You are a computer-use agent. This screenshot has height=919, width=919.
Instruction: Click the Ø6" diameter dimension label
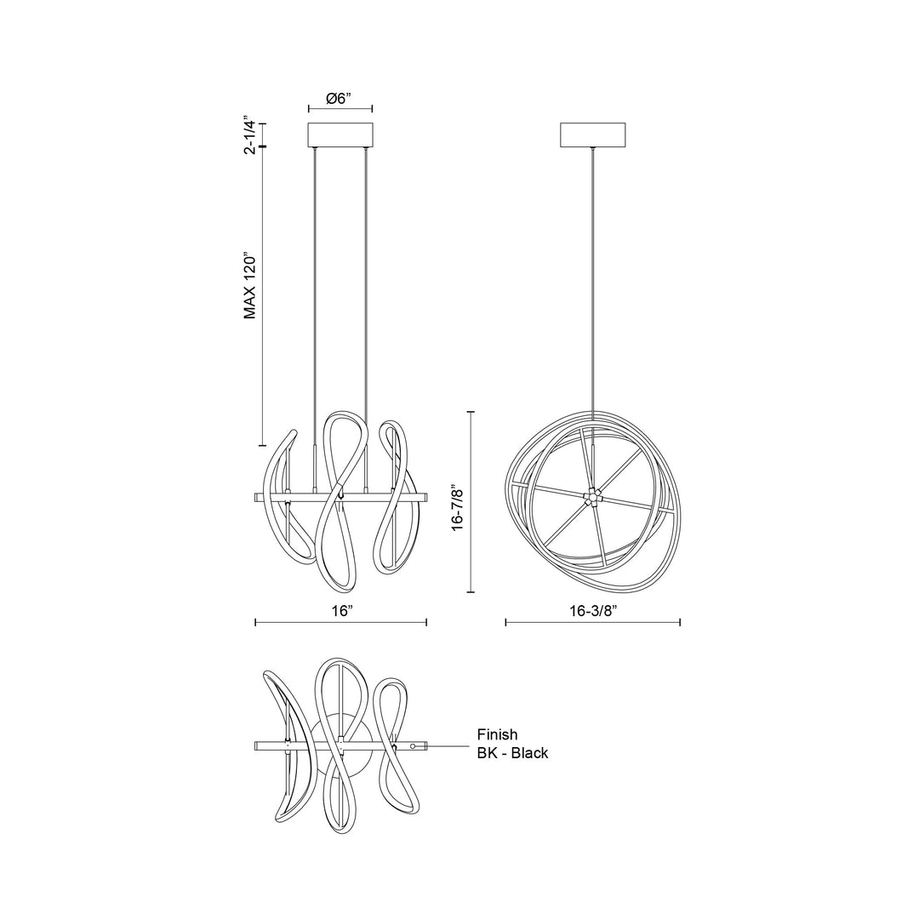click(340, 99)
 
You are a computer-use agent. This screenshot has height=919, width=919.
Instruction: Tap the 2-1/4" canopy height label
click(250, 134)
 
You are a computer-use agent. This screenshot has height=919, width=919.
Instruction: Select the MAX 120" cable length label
click(250, 286)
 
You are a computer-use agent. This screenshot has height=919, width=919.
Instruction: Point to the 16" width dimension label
click(341, 611)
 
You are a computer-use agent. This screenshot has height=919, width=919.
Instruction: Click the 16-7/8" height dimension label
click(458, 501)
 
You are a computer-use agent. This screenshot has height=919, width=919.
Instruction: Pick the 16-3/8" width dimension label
click(594, 611)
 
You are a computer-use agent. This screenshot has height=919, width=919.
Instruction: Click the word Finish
click(497, 734)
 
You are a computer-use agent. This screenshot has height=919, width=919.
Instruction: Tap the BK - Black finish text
click(512, 752)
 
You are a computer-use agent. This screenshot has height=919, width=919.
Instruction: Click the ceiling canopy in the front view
click(340, 134)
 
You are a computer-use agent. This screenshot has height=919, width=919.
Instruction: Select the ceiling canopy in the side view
click(592, 134)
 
